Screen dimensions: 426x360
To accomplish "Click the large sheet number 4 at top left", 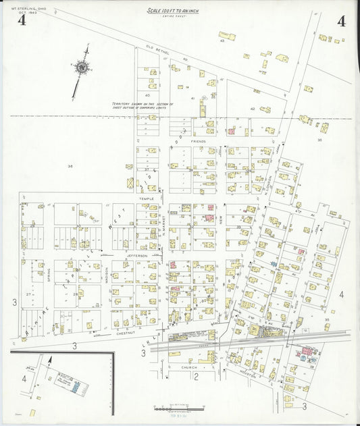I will [22, 20].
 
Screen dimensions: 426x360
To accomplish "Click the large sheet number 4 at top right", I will [341, 20].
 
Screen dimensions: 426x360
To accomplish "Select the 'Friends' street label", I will [198, 142].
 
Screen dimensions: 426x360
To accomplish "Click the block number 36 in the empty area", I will [70, 166].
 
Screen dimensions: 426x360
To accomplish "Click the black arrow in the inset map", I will [49, 365].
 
